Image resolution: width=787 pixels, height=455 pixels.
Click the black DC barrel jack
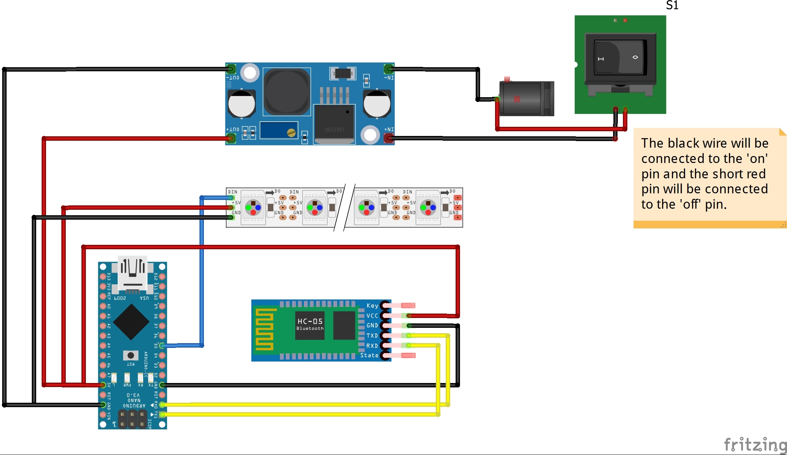(x=526, y=99)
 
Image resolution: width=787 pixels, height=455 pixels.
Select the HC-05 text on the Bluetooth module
(x=310, y=321)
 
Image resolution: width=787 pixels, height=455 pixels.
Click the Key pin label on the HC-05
(x=372, y=306)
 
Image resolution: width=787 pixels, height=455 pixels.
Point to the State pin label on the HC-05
(x=369, y=355)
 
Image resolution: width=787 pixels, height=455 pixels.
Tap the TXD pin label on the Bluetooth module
(x=372, y=335)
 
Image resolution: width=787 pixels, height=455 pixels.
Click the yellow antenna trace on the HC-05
(x=264, y=329)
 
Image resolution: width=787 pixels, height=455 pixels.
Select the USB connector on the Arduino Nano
(x=132, y=274)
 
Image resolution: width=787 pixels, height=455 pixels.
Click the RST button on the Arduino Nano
(x=130, y=355)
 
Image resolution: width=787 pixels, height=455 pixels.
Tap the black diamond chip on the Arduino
(x=131, y=322)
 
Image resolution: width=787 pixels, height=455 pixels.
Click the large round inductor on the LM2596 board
(x=286, y=92)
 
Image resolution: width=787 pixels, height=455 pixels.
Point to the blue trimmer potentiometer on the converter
(x=279, y=131)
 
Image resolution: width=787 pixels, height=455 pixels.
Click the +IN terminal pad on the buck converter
(x=389, y=138)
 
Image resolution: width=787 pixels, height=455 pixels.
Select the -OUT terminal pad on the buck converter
(x=231, y=69)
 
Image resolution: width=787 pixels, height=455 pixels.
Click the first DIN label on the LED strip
(x=232, y=192)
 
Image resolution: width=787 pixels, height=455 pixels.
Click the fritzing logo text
(x=755, y=445)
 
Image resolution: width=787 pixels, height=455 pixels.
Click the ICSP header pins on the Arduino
(x=132, y=419)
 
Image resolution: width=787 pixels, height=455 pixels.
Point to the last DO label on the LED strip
(x=452, y=191)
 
